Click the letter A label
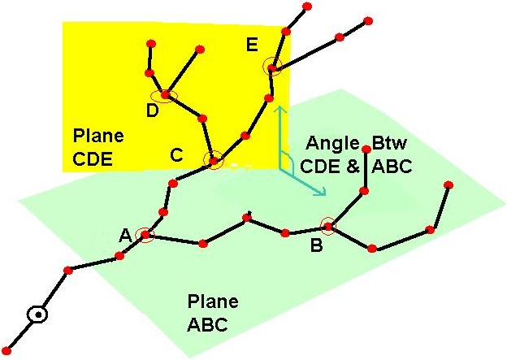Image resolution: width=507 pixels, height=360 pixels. [x=125, y=235]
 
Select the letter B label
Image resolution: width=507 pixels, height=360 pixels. [x=317, y=245]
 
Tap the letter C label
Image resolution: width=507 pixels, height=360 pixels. [x=177, y=154]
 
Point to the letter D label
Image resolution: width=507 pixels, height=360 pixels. [x=152, y=111]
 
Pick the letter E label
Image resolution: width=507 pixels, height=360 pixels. [x=252, y=45]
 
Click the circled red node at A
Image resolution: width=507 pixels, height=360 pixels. [x=145, y=235]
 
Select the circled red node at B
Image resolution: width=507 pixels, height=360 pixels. [x=328, y=226]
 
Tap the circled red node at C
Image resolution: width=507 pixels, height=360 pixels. [x=214, y=160]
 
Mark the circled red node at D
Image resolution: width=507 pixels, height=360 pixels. [x=165, y=95]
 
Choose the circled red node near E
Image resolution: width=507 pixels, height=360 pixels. [x=272, y=67]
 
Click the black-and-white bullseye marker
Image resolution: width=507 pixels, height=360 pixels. [x=37, y=314]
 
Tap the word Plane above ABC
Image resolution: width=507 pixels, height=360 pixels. [x=213, y=301]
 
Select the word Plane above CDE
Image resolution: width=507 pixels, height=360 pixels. [x=98, y=136]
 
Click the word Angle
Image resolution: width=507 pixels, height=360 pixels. [x=333, y=143]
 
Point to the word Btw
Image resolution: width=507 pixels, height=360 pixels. [x=389, y=143]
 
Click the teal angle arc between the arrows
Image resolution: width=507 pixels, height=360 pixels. [x=290, y=159]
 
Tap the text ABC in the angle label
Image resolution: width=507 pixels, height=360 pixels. [x=392, y=167]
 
